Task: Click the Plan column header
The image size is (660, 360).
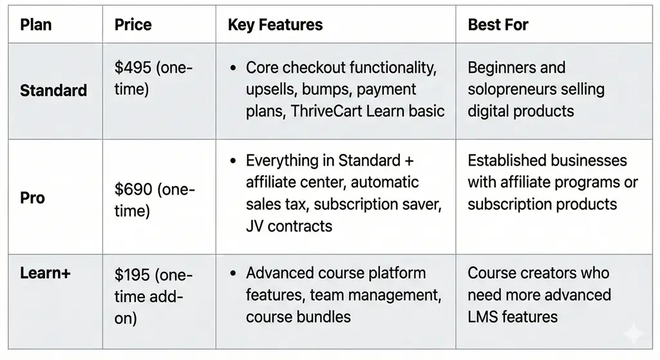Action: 36,24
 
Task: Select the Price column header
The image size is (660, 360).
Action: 133,24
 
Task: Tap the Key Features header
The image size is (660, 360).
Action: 276,25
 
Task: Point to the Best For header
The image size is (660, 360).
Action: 498,24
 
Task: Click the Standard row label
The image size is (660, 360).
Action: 53,90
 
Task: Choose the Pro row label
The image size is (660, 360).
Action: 32,198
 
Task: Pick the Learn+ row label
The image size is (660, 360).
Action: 46,273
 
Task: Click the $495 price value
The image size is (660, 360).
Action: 133,68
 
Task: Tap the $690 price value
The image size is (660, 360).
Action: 133,189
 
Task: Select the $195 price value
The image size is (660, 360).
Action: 132,275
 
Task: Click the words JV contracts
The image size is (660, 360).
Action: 288,226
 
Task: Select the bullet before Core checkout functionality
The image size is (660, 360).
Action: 233,68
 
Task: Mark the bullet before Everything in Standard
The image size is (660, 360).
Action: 233,160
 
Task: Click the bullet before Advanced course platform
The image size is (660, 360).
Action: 233,273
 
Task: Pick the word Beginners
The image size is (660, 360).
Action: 495,68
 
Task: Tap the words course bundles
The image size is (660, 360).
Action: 298,317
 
